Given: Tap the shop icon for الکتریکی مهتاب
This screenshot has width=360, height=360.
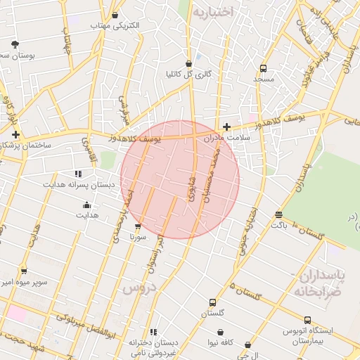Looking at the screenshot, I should tap(115, 15).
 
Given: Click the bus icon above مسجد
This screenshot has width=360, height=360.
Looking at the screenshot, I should tap(263, 68).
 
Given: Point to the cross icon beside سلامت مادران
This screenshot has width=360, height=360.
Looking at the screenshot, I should tap(226, 127).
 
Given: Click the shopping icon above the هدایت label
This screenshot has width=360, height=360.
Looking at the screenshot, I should tap(86, 205).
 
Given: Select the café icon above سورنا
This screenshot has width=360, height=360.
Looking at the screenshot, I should tap(137, 227).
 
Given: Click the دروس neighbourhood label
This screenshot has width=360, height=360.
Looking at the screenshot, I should tap(138, 288).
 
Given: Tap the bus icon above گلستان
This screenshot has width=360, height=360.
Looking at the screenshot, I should tap(212, 302).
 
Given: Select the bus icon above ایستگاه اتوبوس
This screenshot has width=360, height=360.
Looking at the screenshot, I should tap(307, 320).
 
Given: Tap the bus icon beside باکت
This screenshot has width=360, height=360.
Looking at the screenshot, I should tap(278, 215).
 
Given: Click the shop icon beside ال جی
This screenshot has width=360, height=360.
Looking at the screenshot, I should tap(247, 345).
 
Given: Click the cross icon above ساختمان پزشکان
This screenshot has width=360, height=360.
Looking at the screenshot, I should tap(15, 134).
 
